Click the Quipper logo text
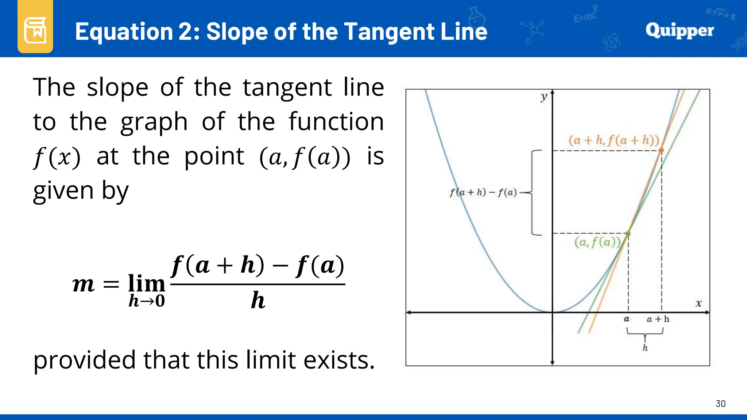coord(679,31)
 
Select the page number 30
coord(720,404)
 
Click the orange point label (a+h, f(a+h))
coord(614,140)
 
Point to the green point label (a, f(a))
coord(597,242)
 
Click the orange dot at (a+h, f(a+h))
coord(661,150)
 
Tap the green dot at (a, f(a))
coord(628,233)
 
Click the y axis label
coord(544,97)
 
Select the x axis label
coord(698,303)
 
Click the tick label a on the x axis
coord(626,319)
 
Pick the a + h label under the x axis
coord(658,319)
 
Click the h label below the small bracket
coord(645,348)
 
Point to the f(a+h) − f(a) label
coord(483,192)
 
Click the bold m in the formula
coord(84,284)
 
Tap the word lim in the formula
coord(147,283)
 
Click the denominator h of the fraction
coord(258,300)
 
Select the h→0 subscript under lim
coord(147,301)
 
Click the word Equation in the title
coord(124,31)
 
